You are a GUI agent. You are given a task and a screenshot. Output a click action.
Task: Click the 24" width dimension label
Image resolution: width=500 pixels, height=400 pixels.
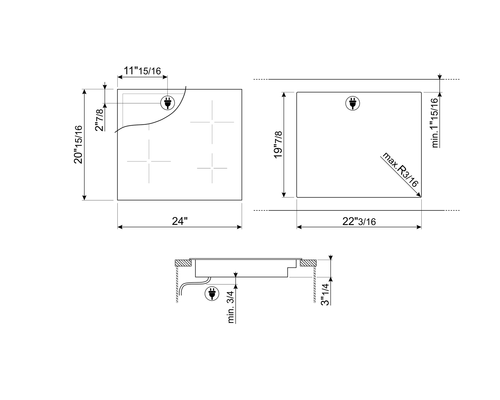180,221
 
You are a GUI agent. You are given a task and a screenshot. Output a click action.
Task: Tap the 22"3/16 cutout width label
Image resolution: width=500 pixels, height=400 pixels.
359,221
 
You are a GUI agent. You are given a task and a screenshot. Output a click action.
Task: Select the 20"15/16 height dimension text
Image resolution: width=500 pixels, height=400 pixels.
78,145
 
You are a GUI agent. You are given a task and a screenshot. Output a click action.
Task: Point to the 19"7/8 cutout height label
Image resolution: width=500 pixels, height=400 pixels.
278,145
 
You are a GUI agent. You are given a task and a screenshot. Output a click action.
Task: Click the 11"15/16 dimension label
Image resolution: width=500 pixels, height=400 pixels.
142,71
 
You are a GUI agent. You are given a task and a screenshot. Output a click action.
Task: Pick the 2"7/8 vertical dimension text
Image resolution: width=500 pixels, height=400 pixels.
99,120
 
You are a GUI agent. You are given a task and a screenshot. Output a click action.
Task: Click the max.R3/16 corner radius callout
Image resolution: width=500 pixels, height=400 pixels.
400,170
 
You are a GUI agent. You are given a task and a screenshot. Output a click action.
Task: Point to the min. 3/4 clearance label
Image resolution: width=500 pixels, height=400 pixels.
230,307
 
